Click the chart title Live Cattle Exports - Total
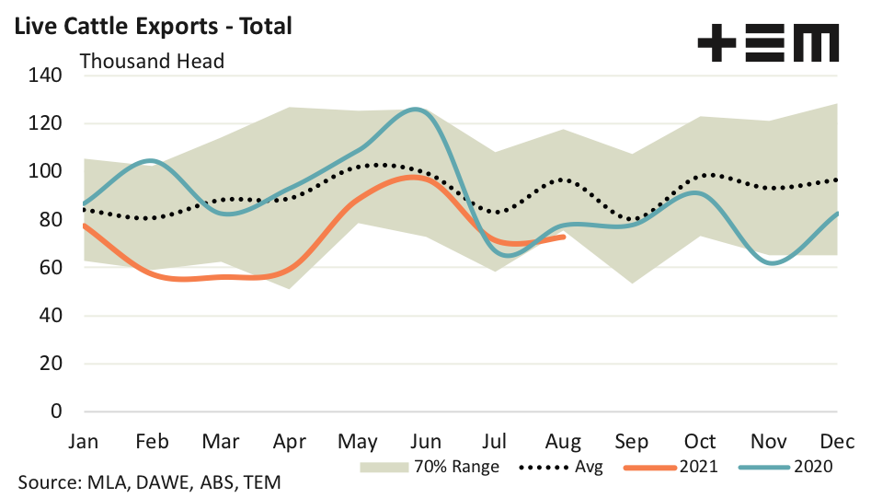click(149, 26)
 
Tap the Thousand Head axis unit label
click(152, 62)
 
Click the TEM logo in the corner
click(768, 44)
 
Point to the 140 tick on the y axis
click(44, 75)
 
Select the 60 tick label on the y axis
click(49, 268)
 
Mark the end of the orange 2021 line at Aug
click(564, 237)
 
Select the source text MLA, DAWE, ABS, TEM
click(149, 481)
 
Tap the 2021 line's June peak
click(414, 177)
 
